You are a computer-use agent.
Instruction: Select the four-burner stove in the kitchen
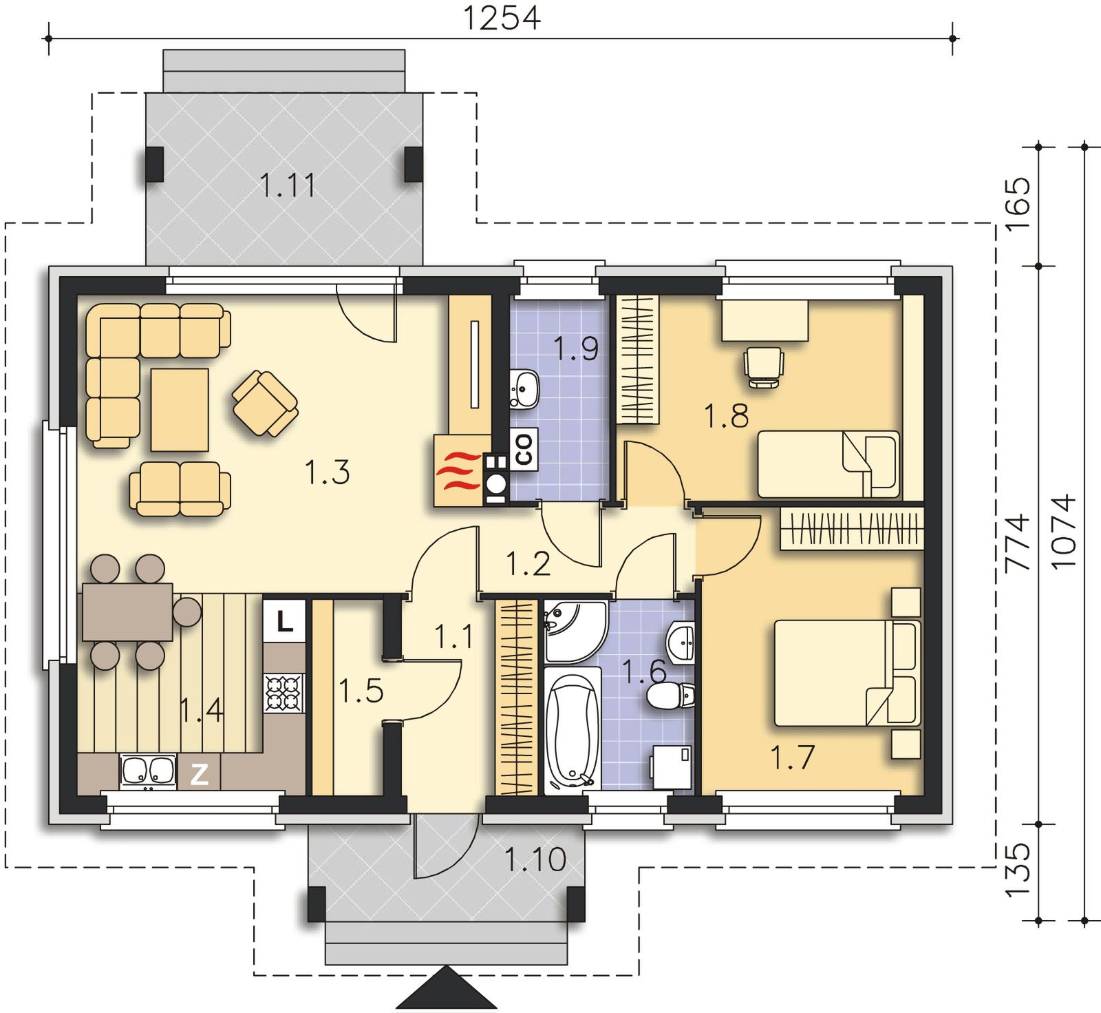click(284, 693)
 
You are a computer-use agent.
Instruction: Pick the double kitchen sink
click(147, 772)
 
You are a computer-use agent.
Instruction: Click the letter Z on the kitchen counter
click(199, 774)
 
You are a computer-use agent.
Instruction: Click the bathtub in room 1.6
click(572, 730)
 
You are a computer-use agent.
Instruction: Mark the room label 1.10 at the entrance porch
click(535, 859)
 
